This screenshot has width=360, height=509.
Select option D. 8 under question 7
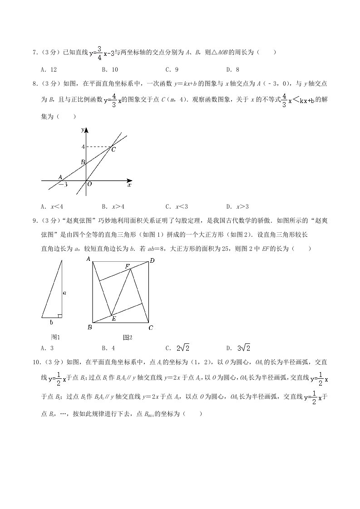click(232, 69)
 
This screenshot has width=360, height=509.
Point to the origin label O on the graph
click(89, 184)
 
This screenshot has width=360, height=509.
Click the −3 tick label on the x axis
click(63, 185)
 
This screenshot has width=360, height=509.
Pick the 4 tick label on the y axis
click(83, 147)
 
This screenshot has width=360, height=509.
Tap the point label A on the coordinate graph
click(60, 177)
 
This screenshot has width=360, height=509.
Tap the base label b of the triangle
click(51, 322)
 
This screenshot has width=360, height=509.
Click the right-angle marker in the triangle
click(60, 315)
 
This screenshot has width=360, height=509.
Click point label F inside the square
click(128, 265)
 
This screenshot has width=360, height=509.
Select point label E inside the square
click(113, 319)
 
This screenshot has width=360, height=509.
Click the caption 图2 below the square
click(128, 337)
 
